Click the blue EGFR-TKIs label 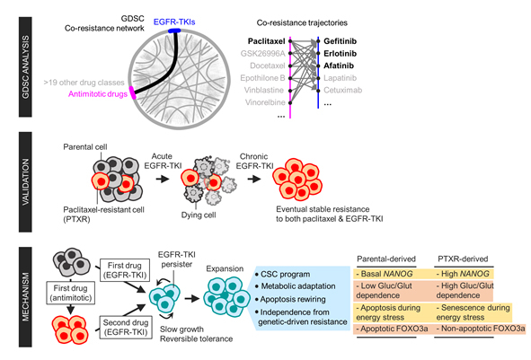(174, 22)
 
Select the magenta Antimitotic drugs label (98, 93)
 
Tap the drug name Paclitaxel (267, 41)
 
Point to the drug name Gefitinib (340, 41)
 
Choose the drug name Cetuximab (342, 90)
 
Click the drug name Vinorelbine (265, 102)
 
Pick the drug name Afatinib (339, 66)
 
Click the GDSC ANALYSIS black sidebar (25, 67)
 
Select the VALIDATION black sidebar (25, 182)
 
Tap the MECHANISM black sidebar (25, 297)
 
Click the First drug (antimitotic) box (70, 293)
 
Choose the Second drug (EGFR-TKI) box (126, 327)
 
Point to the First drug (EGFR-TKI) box (126, 270)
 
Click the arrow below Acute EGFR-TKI (163, 179)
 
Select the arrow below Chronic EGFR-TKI (254, 179)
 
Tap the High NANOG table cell (464, 274)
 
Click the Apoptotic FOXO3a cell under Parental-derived (392, 329)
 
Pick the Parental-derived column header (386, 259)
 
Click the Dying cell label (199, 215)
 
